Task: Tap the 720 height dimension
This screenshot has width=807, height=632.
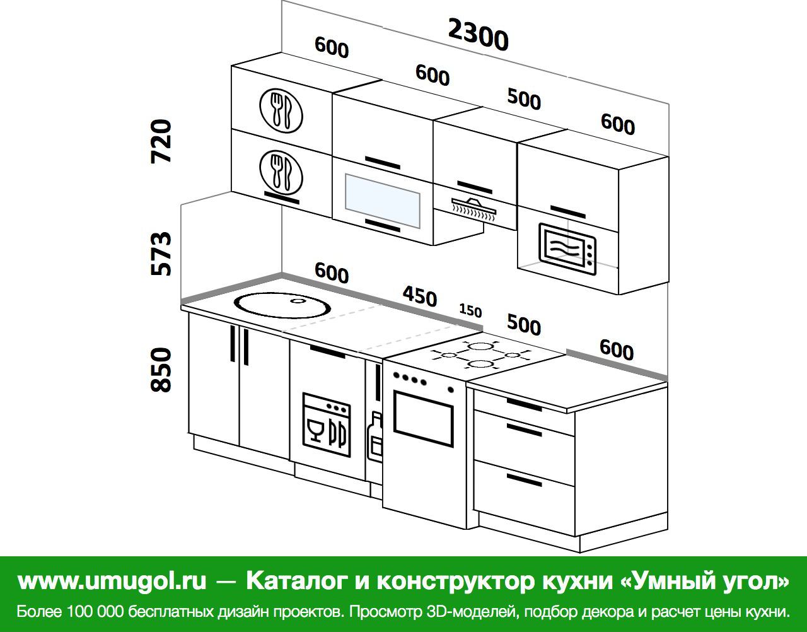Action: coord(161,141)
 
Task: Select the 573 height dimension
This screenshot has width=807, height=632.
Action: coord(161,254)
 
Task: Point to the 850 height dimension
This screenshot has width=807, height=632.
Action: coord(161,370)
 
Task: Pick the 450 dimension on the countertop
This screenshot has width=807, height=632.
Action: coord(420,296)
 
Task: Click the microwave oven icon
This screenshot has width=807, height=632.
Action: coord(567,249)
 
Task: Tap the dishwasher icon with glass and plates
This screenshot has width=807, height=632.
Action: coord(327,424)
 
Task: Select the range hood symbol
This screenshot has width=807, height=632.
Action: coord(474,209)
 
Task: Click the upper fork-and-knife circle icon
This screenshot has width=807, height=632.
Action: coord(281,111)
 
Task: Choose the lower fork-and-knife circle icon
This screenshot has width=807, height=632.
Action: coord(281,172)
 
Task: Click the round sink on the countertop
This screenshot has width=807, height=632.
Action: coord(282,305)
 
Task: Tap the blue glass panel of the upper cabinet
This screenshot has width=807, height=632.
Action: coord(383,201)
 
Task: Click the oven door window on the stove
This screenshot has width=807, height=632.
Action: coord(424,419)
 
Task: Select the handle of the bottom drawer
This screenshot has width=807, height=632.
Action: coord(524,480)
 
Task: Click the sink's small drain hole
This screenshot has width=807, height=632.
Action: coord(298,301)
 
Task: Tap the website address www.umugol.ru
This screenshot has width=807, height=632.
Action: coord(112,582)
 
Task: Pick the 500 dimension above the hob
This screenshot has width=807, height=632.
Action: coord(524,324)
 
